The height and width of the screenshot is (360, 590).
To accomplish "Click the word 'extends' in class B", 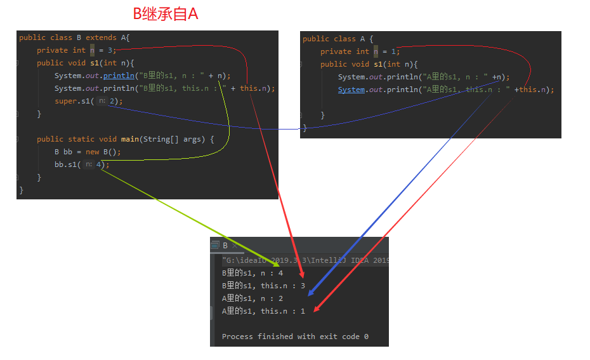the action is pos(101,37).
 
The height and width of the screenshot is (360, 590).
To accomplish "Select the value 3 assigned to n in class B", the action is pos(110,50).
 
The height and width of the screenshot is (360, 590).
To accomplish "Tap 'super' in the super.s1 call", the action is pos(65,101).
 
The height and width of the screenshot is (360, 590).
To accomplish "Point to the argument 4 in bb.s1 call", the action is pos(99,164).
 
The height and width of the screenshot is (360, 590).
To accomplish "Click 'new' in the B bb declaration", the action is pos(93,152).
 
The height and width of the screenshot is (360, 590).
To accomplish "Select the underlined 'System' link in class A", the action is pos(351,90).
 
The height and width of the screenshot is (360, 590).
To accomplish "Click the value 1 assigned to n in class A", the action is pos(393,51).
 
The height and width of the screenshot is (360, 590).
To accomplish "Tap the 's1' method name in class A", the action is pos(378,64).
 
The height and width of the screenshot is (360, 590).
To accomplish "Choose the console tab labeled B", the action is pos(225,246).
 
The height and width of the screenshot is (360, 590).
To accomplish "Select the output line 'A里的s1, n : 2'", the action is pos(252,298).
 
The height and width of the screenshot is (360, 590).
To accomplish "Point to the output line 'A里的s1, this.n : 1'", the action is pos(263,310).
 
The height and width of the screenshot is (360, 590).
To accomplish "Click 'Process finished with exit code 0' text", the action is pos(295,336).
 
